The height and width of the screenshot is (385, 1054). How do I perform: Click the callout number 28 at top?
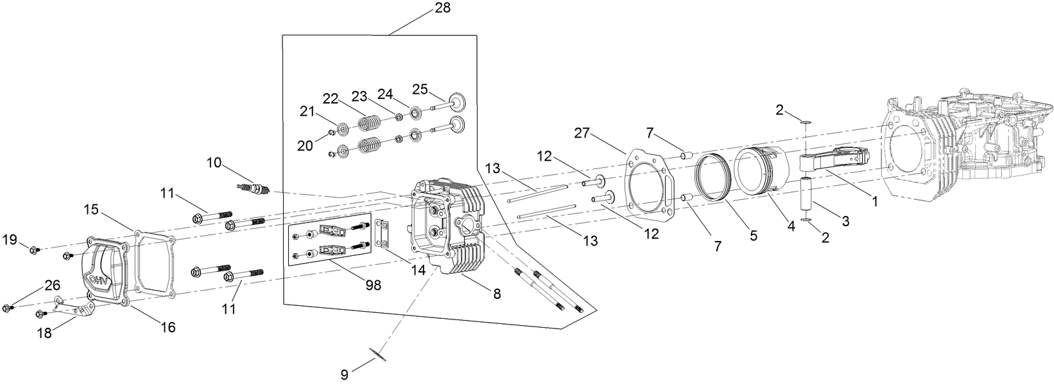pos(442,8)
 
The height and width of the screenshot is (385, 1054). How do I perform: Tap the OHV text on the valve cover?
pos(99,280)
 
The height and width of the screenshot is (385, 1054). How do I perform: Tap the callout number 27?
pos(582,133)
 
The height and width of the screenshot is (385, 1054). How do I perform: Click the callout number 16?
pos(168,327)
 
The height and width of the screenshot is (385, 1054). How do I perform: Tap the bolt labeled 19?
pos(33,250)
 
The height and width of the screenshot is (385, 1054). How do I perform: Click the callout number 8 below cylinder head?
pos(496,293)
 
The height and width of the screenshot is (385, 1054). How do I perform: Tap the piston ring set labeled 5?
pos(713,178)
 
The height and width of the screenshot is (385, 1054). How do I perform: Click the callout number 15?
pos(92,209)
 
